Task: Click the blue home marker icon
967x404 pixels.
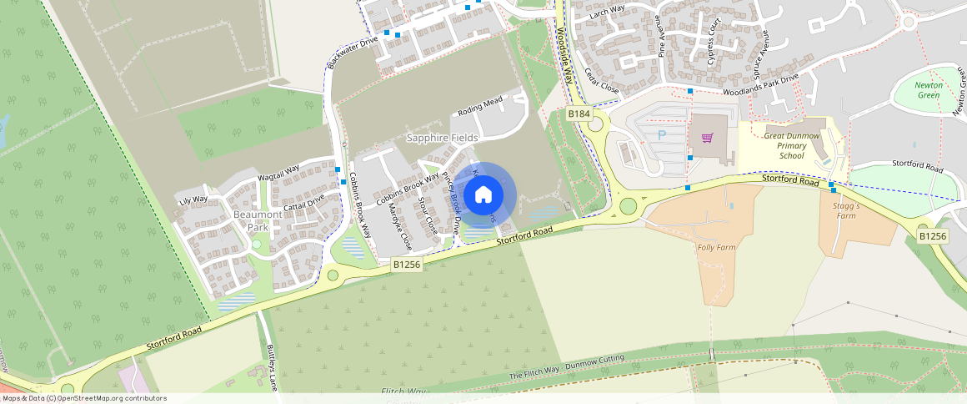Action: [x=483, y=195]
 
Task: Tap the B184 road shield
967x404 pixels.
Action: [x=579, y=114]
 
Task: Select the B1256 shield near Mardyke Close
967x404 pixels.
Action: [x=408, y=264]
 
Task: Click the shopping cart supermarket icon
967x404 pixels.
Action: [x=708, y=139]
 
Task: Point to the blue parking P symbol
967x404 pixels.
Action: [x=662, y=134]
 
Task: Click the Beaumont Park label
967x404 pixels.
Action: [x=252, y=220]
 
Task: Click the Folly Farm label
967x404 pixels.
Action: [x=716, y=247]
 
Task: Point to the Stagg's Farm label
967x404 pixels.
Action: [x=844, y=210]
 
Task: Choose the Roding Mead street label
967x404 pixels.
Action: [x=480, y=107]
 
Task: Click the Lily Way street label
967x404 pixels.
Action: [x=193, y=199]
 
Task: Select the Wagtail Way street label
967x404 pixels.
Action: [x=278, y=173]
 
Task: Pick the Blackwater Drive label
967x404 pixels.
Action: [x=353, y=53]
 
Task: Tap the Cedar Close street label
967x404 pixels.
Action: [x=601, y=81]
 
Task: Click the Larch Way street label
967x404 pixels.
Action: [x=607, y=11]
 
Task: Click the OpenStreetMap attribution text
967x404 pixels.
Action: [x=84, y=398]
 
